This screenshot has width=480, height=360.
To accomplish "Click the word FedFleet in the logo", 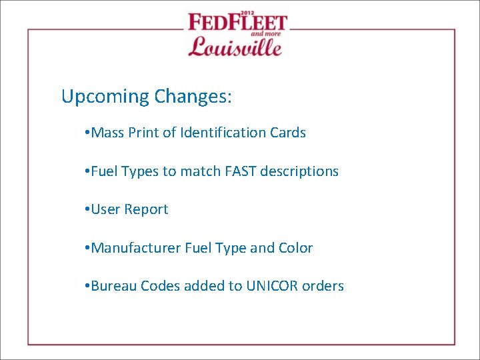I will (237, 23).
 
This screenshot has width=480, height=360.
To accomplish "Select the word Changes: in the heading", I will (193, 97).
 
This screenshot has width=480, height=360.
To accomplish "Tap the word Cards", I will (288, 133).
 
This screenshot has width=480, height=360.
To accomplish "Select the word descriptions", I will (299, 171).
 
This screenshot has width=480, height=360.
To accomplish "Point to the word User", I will (106, 209).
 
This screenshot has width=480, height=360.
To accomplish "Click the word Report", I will (147, 210).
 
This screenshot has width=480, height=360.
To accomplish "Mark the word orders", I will (323, 286).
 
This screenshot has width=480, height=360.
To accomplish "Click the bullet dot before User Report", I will (88, 210).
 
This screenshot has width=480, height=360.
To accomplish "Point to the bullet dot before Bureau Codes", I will (88, 287).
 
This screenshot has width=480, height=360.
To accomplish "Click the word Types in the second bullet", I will (141, 172).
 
